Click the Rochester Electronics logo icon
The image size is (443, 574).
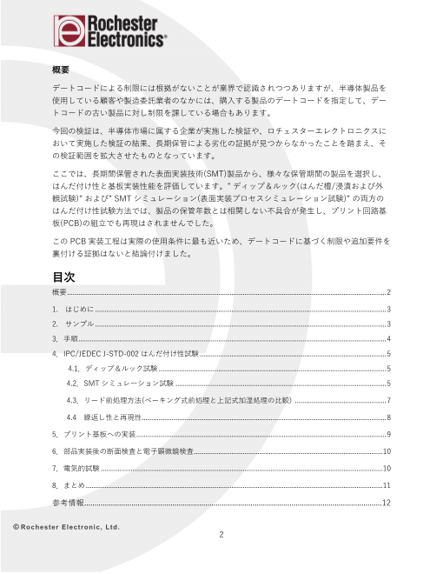click(x=72, y=32)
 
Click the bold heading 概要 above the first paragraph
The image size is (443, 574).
click(x=61, y=70)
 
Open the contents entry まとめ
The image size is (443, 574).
click(x=73, y=484)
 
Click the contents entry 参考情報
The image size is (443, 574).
click(x=68, y=503)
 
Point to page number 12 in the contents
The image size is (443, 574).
click(x=386, y=503)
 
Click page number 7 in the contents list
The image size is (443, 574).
click(x=387, y=400)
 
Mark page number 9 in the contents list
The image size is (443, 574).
click(x=387, y=433)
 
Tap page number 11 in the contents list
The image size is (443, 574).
click(x=386, y=484)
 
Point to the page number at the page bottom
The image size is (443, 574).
click(x=221, y=535)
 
